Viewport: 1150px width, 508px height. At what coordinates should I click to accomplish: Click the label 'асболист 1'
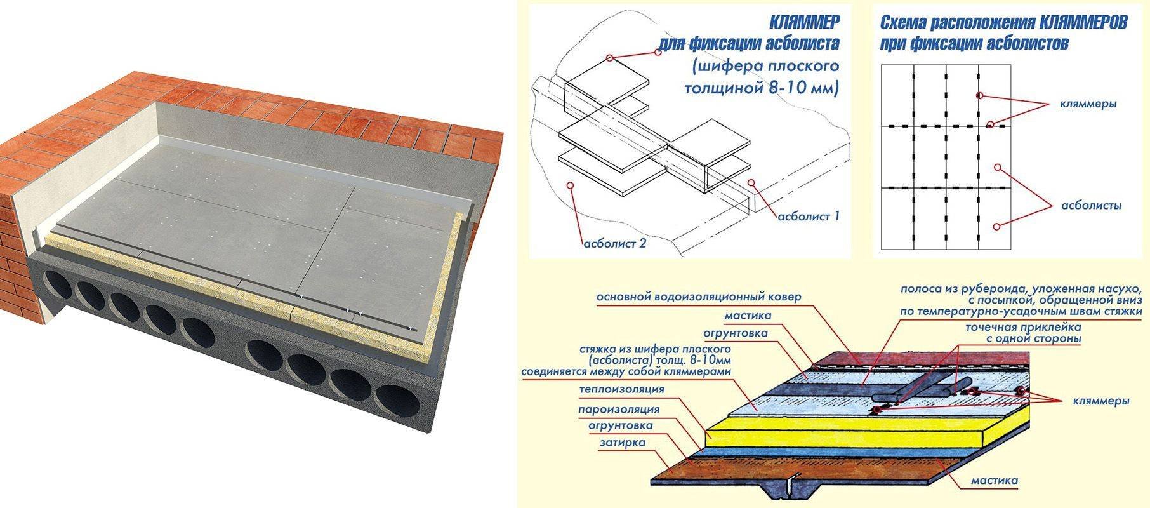[x=808, y=217]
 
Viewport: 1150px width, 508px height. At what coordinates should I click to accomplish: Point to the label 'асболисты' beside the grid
[x=1092, y=206]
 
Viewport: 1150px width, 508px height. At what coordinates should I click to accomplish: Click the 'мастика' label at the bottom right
[x=995, y=481]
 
